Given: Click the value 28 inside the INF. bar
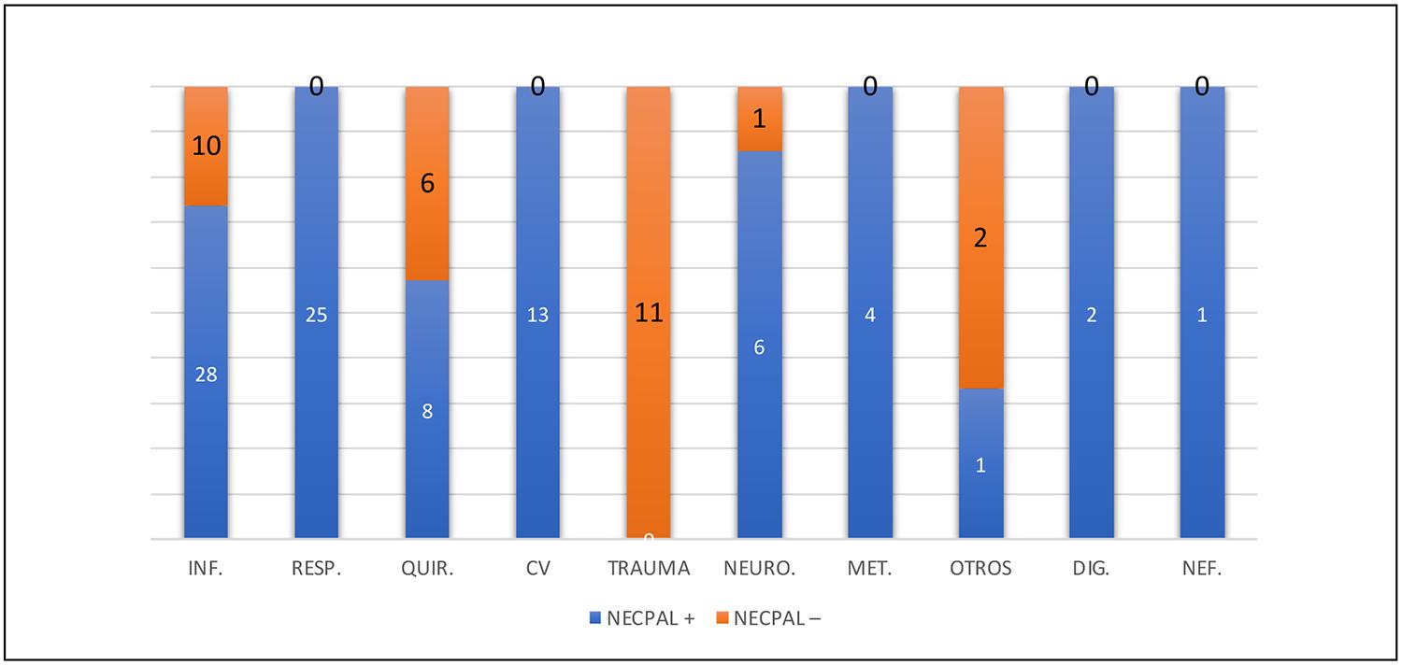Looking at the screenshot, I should coord(206,375).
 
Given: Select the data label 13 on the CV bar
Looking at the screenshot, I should coord(537,315).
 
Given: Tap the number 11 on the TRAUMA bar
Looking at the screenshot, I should coord(649,313).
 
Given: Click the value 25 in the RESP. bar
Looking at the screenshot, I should coord(316,315).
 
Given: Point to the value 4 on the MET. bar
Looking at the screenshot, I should coord(869,315).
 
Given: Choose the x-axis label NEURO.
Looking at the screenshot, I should coord(759,569).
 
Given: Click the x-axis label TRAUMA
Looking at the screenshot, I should coord(649,569).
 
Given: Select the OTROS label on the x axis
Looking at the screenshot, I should coord(980,569).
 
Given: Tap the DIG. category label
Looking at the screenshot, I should coord(1091,569).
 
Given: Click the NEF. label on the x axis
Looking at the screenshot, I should coord(1202,569).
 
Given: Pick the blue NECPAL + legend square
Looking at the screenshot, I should coord(595,617).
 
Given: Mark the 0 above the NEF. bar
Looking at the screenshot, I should coord(1202,88).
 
